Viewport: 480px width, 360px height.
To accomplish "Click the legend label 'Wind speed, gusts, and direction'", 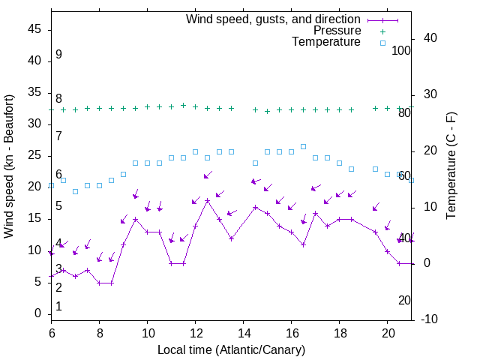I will point(273,19).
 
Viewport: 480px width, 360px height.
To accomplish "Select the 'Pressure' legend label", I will point(337,31).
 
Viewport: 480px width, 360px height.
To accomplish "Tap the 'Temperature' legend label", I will point(326,42).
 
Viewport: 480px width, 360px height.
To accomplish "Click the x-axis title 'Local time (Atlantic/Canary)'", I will point(231,350).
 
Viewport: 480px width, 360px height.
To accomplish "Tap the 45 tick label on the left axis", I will point(34,29).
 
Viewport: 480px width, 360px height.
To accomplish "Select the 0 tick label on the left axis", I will point(38,313).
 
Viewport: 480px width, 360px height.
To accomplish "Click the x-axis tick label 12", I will point(195,332).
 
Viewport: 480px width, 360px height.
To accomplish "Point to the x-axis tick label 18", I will point(339,332).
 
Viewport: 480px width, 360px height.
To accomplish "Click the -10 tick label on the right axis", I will point(430,319).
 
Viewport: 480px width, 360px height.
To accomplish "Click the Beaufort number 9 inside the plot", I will point(58,55).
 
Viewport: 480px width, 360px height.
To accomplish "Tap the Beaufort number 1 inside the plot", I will point(58,306).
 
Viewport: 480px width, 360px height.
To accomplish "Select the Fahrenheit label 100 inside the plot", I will point(401,50).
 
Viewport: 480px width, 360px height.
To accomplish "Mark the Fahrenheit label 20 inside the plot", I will point(404,300).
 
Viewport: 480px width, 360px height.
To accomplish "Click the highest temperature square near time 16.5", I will point(303,146).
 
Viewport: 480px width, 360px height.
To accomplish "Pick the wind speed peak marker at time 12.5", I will point(207,201).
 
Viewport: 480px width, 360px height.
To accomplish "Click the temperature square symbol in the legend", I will point(382,43).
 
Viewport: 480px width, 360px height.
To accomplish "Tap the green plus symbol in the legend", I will point(382,31).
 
